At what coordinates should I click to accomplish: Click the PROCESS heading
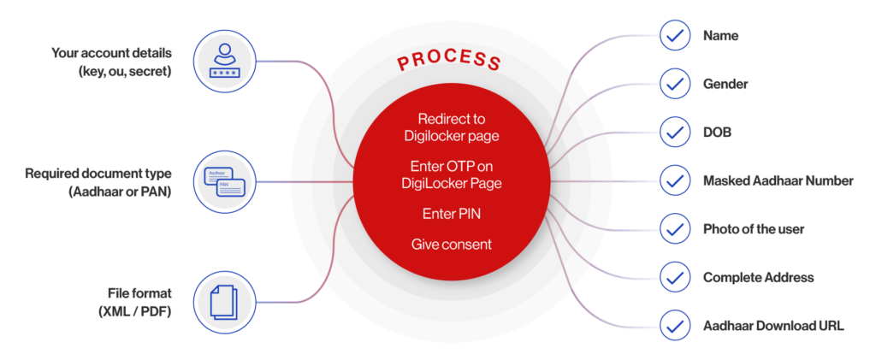tap(448, 62)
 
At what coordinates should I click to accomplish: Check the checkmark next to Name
tap(676, 37)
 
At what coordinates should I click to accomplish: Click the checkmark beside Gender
tap(676, 85)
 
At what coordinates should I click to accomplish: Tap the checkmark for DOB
tap(676, 133)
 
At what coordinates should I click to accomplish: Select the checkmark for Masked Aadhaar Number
tap(676, 180)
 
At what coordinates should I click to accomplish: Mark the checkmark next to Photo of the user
tap(676, 228)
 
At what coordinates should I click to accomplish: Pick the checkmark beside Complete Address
tap(676, 277)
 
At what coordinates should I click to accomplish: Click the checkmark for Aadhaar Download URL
tap(676, 325)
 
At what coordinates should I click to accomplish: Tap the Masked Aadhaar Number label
tap(777, 180)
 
